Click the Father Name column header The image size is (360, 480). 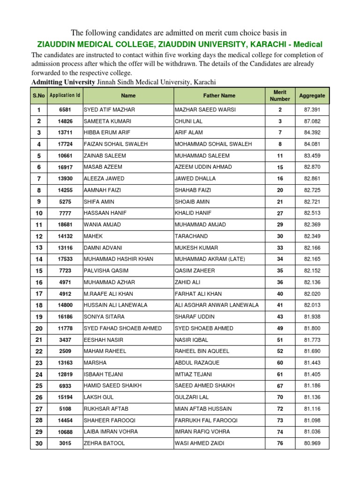pos(219,96)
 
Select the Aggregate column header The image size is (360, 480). pos(312,96)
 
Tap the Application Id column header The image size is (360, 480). pos(65,96)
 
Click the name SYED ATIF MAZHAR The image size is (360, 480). pos(109,110)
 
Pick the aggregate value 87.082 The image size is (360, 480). pos(312,121)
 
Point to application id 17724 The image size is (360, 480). pos(65,144)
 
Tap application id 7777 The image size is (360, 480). pos(65,213)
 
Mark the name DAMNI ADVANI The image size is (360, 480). pos(102,247)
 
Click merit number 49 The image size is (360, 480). pos(280,328)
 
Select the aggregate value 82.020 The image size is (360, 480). pos(312,293)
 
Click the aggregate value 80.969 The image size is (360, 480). pos(312,443)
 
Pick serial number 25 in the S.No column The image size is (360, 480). pos(39,386)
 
